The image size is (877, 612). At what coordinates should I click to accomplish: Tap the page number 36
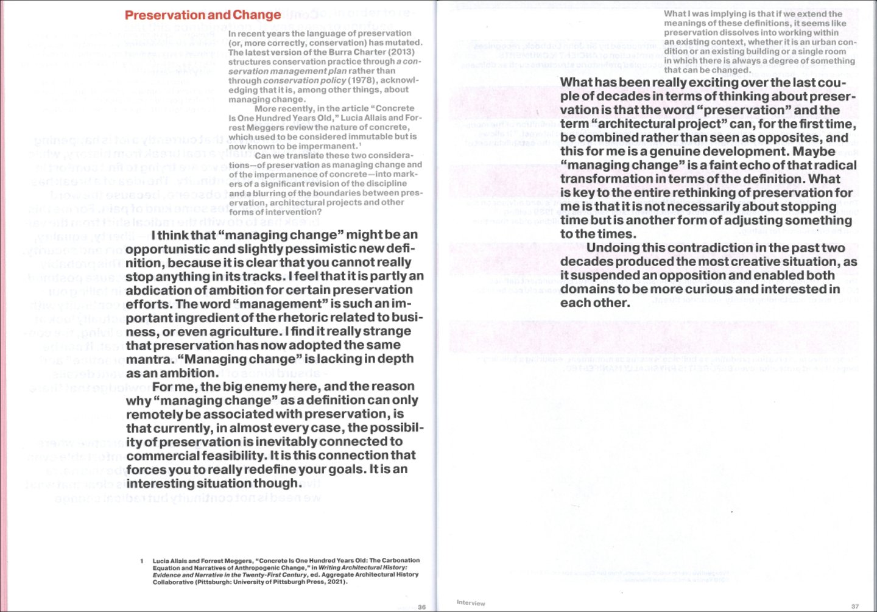(x=421, y=607)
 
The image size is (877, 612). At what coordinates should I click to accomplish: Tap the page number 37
(x=855, y=607)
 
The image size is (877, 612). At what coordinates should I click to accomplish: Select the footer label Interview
(x=471, y=603)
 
